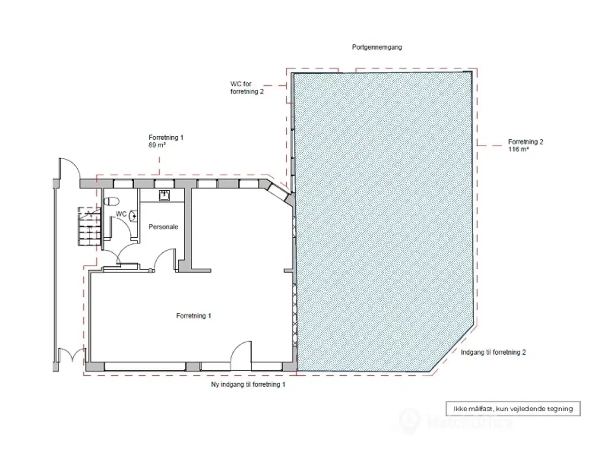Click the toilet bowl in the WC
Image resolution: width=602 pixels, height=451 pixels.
pyautogui.click(x=111, y=201)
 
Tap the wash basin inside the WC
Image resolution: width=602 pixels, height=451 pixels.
pyautogui.click(x=133, y=216)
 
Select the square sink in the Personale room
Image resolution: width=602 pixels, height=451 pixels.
pyautogui.click(x=164, y=195)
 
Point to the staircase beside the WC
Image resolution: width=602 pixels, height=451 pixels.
pyautogui.click(x=89, y=226)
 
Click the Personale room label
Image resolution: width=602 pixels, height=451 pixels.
pyautogui.click(x=163, y=227)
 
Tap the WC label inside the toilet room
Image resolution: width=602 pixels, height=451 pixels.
pyautogui.click(x=121, y=214)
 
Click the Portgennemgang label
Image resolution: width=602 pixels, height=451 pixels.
pyautogui.click(x=377, y=47)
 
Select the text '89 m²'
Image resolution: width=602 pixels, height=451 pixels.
pyautogui.click(x=157, y=145)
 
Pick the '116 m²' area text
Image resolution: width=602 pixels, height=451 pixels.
pyautogui.click(x=518, y=149)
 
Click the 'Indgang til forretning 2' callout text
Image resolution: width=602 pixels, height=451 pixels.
pyautogui.click(x=493, y=352)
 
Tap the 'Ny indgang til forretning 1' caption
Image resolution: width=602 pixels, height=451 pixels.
pyautogui.click(x=248, y=384)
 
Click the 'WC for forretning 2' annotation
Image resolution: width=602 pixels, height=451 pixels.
pyautogui.click(x=247, y=88)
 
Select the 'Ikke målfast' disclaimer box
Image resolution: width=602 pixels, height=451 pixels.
pyautogui.click(x=513, y=409)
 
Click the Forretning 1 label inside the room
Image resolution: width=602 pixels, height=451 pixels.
pyautogui.click(x=194, y=316)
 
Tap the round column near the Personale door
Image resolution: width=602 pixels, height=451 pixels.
pyautogui.click(x=150, y=271)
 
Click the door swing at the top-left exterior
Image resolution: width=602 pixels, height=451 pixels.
pyautogui.click(x=70, y=168)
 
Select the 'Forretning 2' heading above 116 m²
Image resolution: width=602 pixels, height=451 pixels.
pyautogui.click(x=525, y=142)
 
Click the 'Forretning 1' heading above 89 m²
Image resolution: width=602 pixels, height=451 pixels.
pyautogui.click(x=166, y=138)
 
